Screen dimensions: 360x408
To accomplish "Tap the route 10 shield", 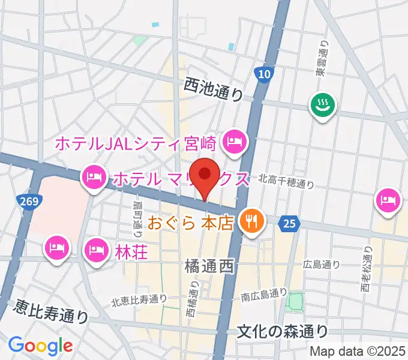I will point(263,74).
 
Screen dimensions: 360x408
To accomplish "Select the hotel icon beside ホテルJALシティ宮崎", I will point(232,142).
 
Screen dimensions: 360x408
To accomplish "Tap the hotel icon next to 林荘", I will point(96,249).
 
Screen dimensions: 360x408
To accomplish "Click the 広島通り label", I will point(322,264).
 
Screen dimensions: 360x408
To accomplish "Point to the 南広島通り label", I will point(264,294).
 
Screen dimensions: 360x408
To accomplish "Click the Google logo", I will point(40,346).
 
